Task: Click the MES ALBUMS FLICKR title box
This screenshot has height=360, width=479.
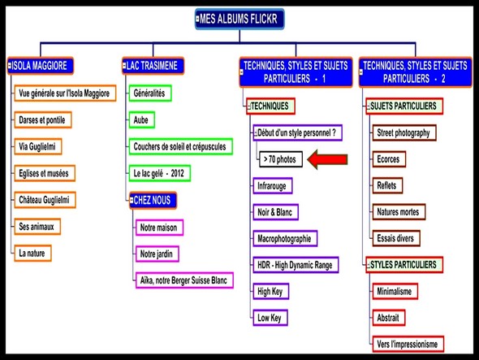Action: [239, 19]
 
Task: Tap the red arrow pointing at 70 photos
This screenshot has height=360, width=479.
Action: [327, 159]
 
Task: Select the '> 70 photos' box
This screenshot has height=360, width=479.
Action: [281, 159]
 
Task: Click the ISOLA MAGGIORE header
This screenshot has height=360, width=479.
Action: [41, 66]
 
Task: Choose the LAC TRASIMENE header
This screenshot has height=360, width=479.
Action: [153, 66]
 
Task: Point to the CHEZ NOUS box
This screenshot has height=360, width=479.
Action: [153, 201]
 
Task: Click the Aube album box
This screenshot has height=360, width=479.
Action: [141, 120]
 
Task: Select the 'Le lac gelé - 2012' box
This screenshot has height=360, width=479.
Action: [159, 173]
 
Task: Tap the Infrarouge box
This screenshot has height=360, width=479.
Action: [273, 185]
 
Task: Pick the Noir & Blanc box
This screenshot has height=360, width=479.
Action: [275, 212]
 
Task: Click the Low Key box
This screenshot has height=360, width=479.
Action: [270, 318]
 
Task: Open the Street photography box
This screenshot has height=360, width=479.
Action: [403, 132]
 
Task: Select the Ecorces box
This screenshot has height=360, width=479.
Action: [389, 159]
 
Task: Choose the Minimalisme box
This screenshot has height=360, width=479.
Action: [395, 291]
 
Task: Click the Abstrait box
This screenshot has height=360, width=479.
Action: [389, 318]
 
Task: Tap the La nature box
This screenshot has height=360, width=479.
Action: [32, 253]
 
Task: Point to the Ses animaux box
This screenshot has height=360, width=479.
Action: [37, 227]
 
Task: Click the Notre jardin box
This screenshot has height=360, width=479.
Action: [157, 254]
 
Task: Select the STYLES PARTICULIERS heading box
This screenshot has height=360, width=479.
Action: [404, 265]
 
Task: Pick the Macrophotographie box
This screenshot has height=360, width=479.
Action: [285, 239]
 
